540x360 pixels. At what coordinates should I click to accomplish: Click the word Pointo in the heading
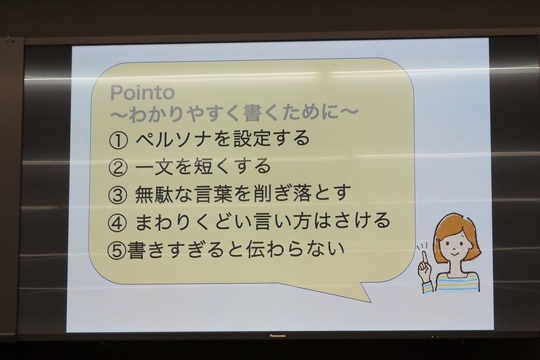tap(142, 93)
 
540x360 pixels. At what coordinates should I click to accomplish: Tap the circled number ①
tap(117, 140)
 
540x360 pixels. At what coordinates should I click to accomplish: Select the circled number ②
tap(117, 168)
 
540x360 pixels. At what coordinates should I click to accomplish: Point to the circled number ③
tap(117, 195)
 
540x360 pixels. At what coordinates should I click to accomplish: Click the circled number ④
tap(117, 222)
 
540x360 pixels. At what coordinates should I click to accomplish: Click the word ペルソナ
tap(172, 139)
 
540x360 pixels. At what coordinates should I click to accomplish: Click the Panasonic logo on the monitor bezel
tap(277, 336)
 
